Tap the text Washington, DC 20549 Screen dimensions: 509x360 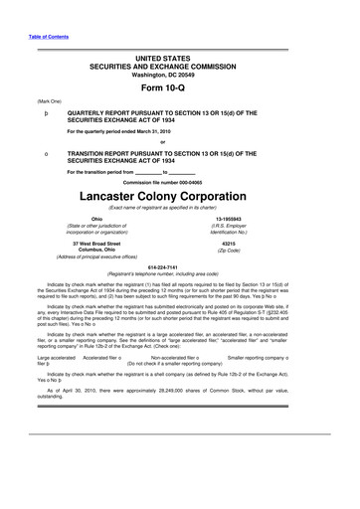[179, 66]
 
